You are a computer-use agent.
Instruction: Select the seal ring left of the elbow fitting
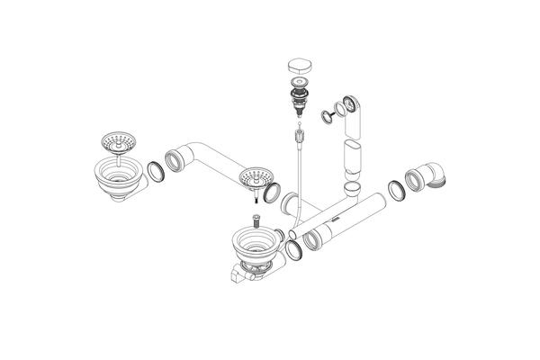(395, 190)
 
